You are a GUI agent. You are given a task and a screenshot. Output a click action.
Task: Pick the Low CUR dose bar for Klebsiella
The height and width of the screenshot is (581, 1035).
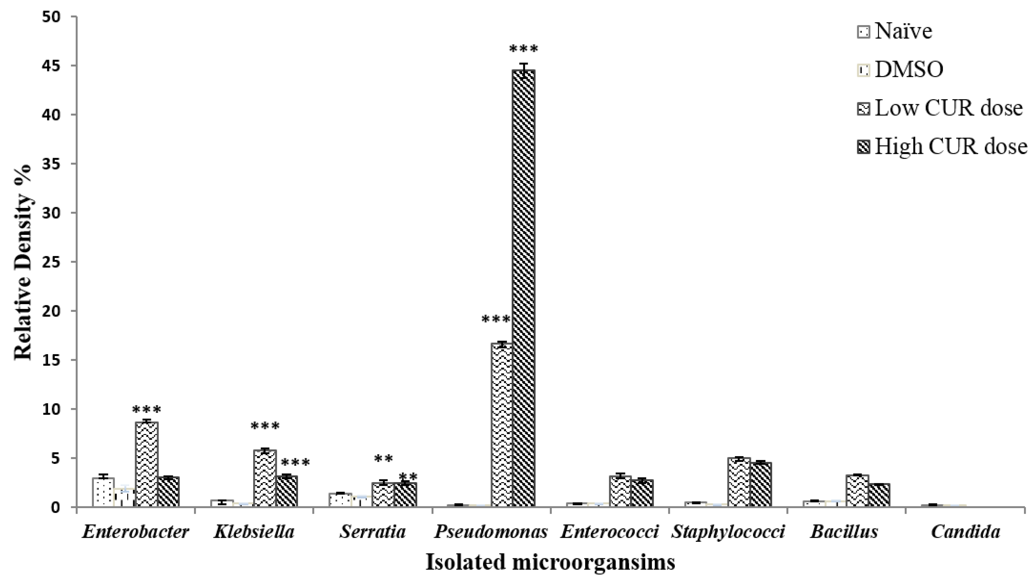click(x=265, y=478)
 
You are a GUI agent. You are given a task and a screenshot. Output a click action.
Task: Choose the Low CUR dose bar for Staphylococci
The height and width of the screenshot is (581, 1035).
click(x=739, y=482)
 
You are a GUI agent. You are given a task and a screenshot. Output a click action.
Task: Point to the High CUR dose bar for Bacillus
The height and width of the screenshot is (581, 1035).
click(x=879, y=496)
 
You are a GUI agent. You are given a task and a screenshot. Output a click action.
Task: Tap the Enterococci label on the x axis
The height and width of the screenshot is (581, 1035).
click(x=609, y=532)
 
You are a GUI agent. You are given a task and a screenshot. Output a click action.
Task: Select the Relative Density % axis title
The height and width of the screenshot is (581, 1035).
click(x=23, y=262)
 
